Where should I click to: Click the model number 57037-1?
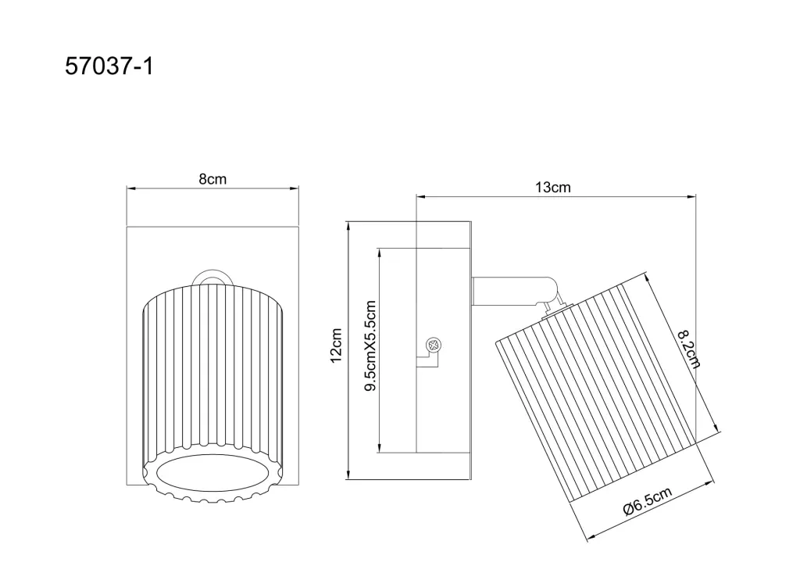coord(109,66)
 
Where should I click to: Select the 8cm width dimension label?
coord(212,179)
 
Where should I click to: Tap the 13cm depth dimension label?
coord(552,188)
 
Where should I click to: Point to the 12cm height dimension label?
coord(336,346)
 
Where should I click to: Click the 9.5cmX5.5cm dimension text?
coord(370,346)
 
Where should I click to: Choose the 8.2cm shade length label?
coord(689,349)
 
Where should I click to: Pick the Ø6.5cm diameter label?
coord(647,501)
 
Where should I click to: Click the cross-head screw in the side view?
coord(434,346)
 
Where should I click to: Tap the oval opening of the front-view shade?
coord(212,473)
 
